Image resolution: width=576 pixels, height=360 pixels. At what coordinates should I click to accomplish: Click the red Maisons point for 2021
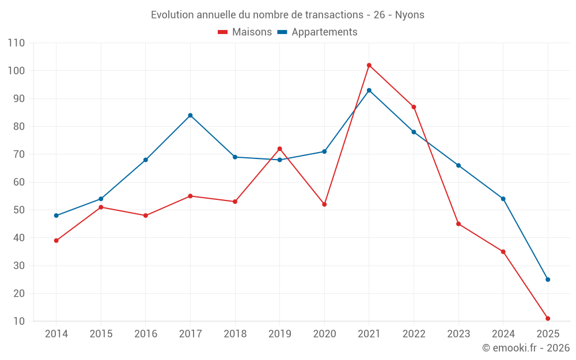(369, 65)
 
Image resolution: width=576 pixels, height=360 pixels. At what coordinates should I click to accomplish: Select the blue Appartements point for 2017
(190, 115)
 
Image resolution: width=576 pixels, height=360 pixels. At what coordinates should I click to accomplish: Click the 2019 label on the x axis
(280, 334)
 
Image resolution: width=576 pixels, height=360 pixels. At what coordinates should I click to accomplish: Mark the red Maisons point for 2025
(548, 319)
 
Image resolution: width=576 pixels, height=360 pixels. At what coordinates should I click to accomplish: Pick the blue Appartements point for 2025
(548, 279)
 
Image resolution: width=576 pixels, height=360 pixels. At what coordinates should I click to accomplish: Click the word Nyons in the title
(410, 15)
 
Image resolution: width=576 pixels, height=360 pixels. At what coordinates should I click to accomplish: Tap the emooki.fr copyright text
(526, 348)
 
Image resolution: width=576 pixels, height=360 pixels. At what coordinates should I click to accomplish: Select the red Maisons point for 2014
(56, 241)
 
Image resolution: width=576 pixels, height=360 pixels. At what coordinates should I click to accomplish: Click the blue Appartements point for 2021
(369, 90)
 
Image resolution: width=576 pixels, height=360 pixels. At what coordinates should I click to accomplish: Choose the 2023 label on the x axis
(458, 334)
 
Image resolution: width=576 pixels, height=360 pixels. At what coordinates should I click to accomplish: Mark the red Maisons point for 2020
(324, 204)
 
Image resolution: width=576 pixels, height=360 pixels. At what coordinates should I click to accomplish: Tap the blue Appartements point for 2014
(56, 215)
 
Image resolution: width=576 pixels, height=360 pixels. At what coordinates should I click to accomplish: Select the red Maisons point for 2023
(458, 223)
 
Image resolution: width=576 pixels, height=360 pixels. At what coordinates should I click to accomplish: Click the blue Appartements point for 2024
(503, 199)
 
